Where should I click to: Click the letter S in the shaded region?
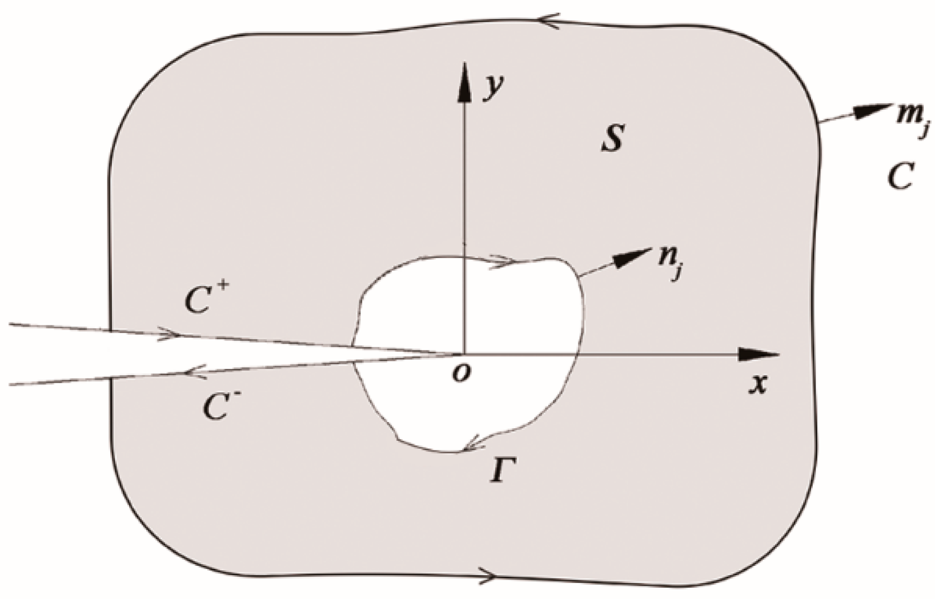coord(612,139)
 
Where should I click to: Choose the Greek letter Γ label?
coord(499,472)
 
